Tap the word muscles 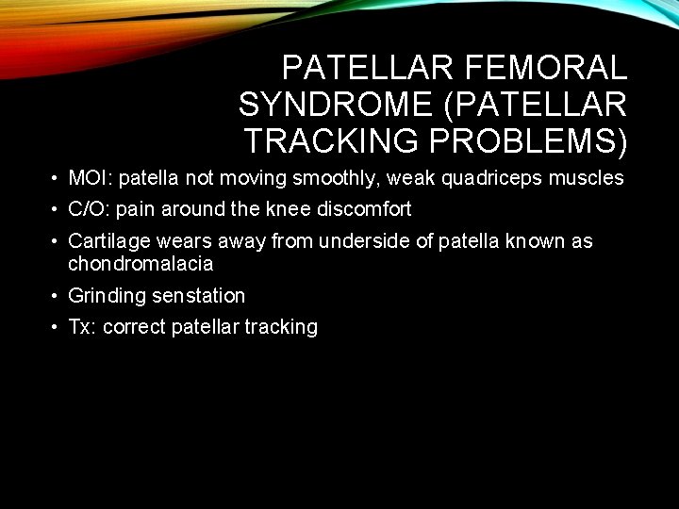click(589, 178)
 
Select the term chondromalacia click(141, 264)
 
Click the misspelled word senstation click(198, 296)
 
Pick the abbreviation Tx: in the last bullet click(82, 327)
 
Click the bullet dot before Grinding click(57, 297)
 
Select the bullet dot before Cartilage click(57, 242)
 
